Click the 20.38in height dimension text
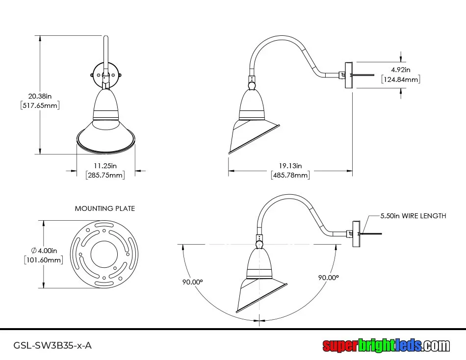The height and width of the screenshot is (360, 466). click(x=40, y=96)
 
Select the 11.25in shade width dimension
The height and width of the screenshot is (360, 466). click(x=105, y=166)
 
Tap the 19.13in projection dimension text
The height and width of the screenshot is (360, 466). click(x=290, y=166)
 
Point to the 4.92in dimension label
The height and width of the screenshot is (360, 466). click(x=401, y=70)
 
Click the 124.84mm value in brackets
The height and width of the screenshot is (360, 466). click(x=401, y=79)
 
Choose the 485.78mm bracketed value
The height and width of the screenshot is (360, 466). click(x=290, y=175)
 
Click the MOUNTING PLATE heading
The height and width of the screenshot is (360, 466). click(x=105, y=208)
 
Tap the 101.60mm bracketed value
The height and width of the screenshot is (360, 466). click(x=44, y=260)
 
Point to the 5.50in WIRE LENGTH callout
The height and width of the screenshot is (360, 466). click(x=414, y=215)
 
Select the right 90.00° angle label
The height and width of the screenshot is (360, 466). click(x=329, y=277)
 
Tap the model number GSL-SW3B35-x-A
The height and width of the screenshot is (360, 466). click(x=52, y=345)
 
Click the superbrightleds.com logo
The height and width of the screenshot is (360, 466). click(x=386, y=345)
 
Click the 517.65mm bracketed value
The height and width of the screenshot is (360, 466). click(x=40, y=105)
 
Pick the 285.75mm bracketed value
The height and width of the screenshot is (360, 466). click(x=105, y=175)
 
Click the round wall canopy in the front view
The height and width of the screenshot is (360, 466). click(x=105, y=75)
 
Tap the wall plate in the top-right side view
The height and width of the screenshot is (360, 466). click(x=349, y=75)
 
